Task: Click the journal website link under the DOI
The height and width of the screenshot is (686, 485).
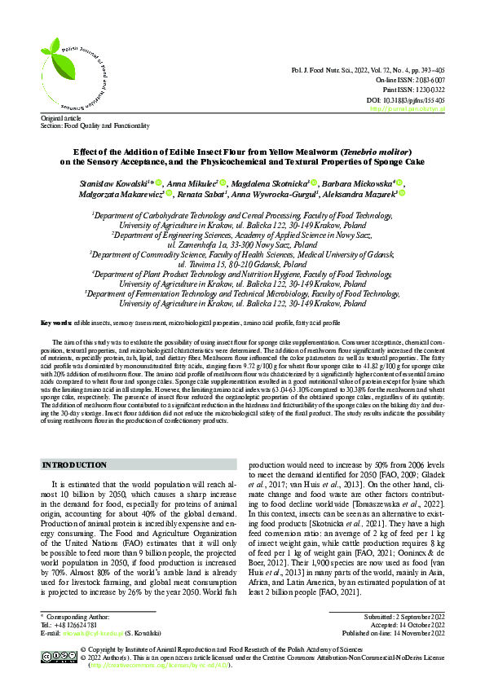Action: point(407,108)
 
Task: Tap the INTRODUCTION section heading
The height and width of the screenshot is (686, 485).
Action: point(75,464)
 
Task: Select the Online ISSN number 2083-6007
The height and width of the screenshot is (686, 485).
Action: point(426,81)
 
